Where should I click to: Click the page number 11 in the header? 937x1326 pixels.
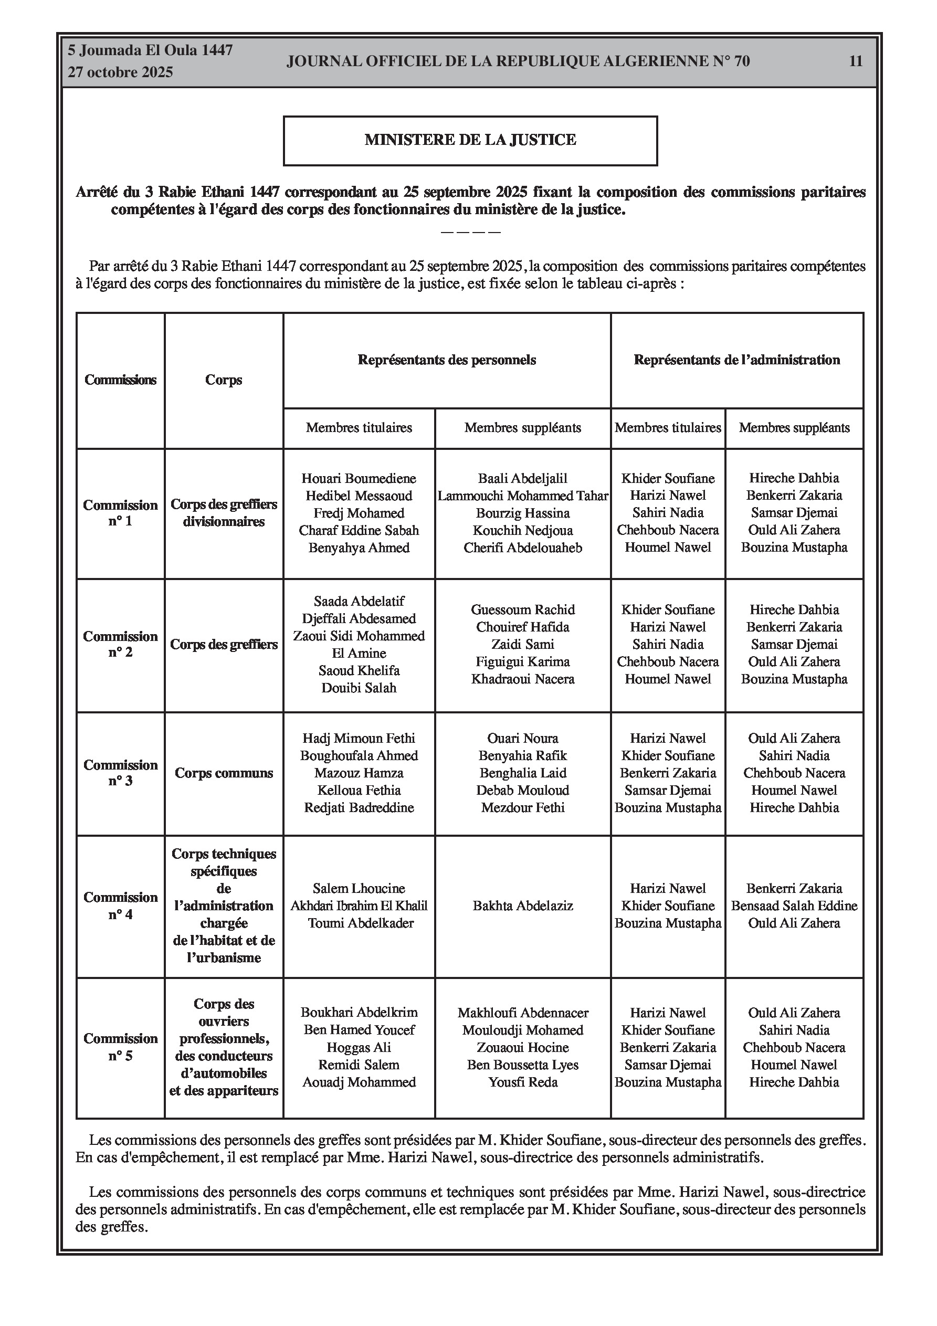[856, 61]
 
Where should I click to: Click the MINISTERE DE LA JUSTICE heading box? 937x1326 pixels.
[470, 140]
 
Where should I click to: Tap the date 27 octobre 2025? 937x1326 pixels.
[120, 72]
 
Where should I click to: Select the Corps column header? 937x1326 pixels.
[224, 380]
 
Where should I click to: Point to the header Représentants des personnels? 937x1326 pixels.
[447, 360]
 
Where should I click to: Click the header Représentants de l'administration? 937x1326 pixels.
[736, 360]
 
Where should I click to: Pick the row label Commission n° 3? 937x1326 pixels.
[120, 773]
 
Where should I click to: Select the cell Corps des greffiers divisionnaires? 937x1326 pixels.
[224, 513]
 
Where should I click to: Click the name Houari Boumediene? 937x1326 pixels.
[359, 478]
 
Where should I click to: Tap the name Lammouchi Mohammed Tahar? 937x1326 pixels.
[522, 496]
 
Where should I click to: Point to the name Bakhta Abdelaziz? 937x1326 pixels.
[522, 906]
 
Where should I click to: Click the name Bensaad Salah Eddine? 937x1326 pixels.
[794, 906]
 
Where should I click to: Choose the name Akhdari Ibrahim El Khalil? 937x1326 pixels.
[359, 906]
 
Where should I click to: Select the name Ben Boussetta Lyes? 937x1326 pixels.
[522, 1065]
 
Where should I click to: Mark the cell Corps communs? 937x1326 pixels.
[224, 773]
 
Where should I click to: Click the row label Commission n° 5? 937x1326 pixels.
[120, 1047]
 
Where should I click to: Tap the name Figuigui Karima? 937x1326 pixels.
[522, 661]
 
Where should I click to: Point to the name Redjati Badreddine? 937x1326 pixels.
[359, 807]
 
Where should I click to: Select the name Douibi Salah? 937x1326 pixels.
[359, 688]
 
